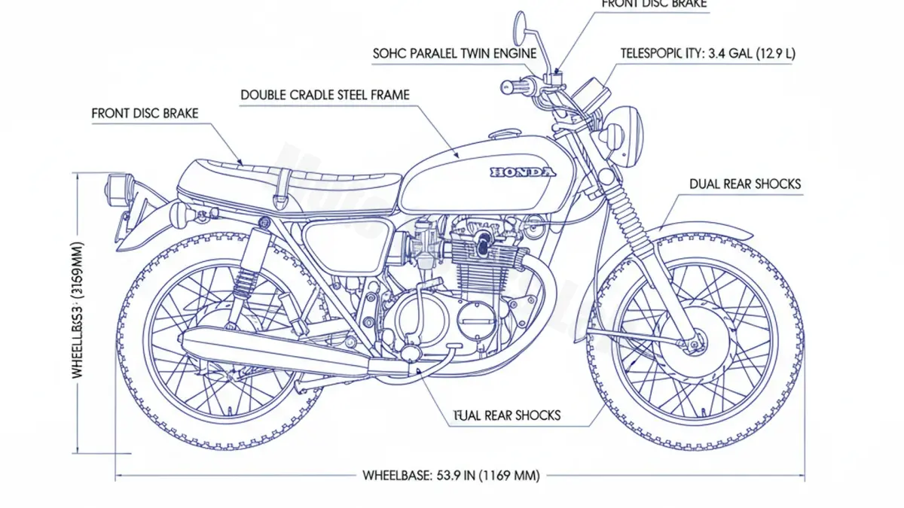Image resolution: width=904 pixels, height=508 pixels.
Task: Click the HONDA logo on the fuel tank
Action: click(x=523, y=172)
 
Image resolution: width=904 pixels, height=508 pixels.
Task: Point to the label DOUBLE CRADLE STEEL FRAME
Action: click(x=325, y=96)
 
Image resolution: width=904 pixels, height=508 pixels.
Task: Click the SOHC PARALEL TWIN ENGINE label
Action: click(x=454, y=53)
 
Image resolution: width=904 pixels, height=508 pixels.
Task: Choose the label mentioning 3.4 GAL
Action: click(x=707, y=53)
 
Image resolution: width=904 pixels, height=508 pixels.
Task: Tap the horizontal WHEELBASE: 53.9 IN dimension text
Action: click(x=451, y=476)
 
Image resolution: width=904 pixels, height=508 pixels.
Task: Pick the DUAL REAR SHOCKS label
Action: click(x=744, y=184)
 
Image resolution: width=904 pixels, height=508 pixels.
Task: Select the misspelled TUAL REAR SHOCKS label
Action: click(x=506, y=415)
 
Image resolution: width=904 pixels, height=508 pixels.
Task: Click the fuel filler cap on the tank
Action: click(x=502, y=135)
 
